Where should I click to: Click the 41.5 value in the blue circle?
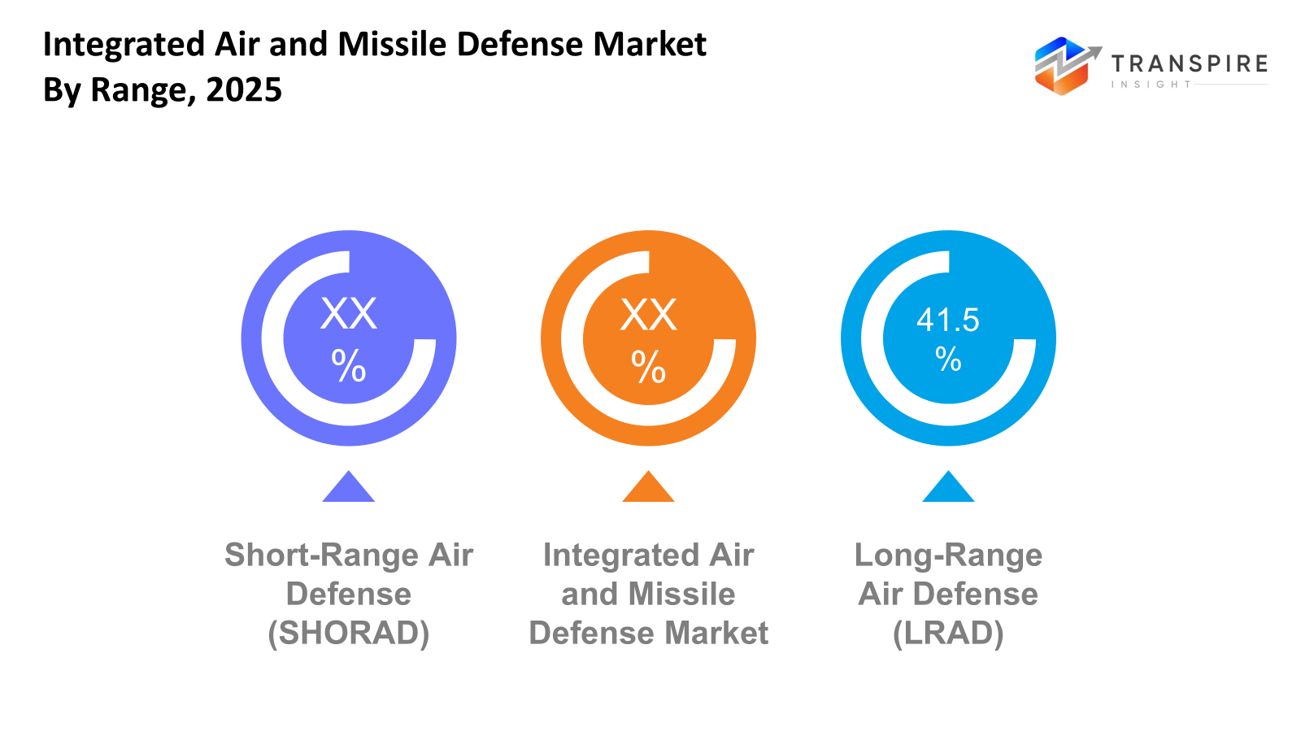[x=947, y=320]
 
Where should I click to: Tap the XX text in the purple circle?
[x=349, y=313]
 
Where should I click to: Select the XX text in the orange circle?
[x=648, y=315]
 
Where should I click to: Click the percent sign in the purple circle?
[x=349, y=365]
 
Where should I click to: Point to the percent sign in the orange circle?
[x=648, y=367]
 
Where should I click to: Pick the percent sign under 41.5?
[x=948, y=359]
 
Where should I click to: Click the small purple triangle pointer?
[x=349, y=488]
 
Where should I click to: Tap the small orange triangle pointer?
[x=648, y=488]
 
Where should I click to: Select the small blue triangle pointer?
[x=948, y=488]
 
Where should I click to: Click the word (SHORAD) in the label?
[x=349, y=633]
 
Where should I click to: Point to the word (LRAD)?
[x=948, y=633]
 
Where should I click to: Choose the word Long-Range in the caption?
[x=948, y=555]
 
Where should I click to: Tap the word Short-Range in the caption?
[x=322, y=555]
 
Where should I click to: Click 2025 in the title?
[x=244, y=89]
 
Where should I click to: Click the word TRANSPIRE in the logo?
[x=1189, y=64]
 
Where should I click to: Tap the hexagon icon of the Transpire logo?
[x=1061, y=67]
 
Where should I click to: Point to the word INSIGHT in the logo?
[x=1151, y=85]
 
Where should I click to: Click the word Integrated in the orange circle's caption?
[x=621, y=555]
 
